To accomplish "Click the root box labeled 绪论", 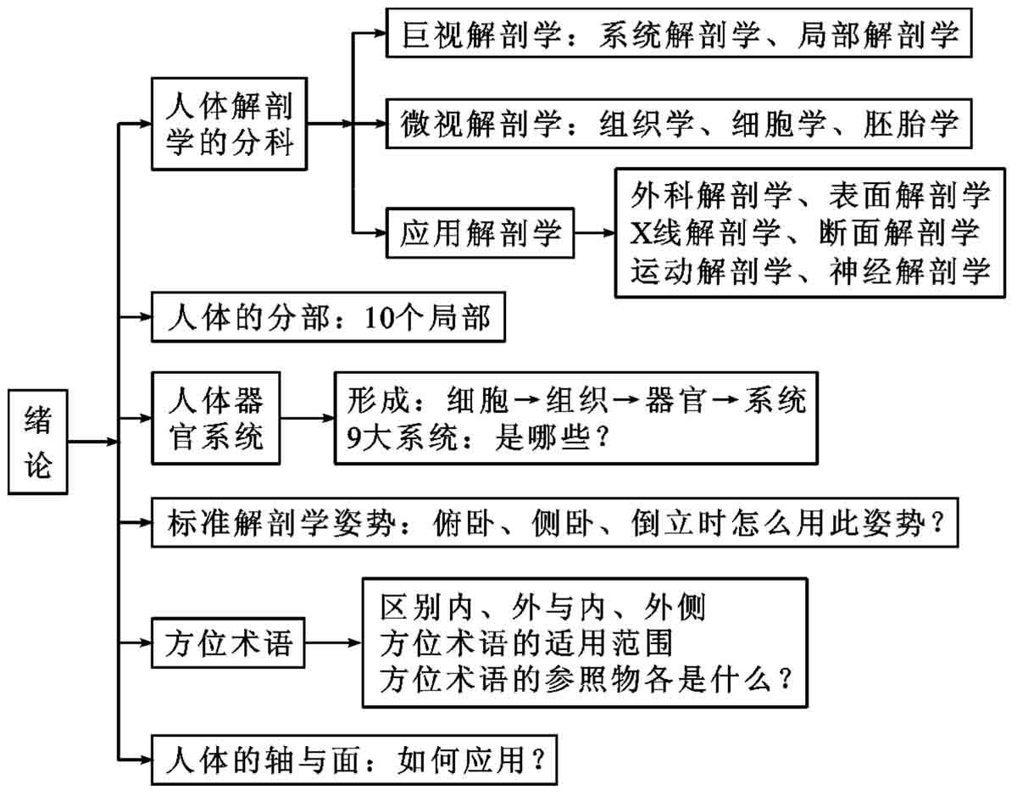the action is (x=38, y=442).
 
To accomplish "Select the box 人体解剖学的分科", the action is (x=230, y=124).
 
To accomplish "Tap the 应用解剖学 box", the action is (x=480, y=232).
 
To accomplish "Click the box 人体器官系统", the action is (x=216, y=418).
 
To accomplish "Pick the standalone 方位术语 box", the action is (x=228, y=643).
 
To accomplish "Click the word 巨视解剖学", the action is (x=481, y=35).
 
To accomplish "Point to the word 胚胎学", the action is (x=910, y=124).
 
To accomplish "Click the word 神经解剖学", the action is (x=909, y=271).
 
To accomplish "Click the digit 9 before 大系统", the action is (x=353, y=438).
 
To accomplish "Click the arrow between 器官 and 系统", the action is (x=725, y=399).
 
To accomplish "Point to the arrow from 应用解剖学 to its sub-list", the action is (x=594, y=232).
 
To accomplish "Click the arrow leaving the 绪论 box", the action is (x=93, y=442).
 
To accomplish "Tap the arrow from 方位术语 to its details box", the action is (x=333, y=643).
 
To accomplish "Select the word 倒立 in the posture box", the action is (x=661, y=523).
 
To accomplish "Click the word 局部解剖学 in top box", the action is (x=879, y=35).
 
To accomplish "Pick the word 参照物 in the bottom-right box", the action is (x=592, y=680).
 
